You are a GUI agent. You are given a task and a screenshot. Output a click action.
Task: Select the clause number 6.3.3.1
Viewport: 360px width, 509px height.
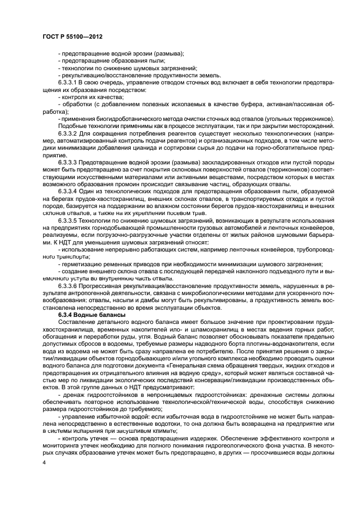point(70,83)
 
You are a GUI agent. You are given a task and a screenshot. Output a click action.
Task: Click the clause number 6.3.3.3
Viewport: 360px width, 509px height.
point(70,163)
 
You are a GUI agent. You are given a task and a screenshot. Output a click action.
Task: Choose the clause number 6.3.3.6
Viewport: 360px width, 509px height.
point(70,286)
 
